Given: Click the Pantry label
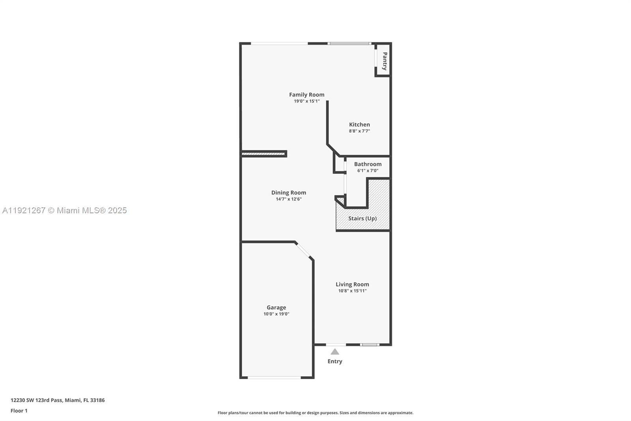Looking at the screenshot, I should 385,61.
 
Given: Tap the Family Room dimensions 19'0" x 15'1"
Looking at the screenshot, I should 306,101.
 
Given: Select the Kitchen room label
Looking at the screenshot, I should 359,124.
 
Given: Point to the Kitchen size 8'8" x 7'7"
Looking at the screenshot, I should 359,131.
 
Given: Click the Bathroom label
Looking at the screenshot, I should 368,164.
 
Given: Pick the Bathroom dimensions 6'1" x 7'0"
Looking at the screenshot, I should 368,171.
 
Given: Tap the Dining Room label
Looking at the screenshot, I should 288,192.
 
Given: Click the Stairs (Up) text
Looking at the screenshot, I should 362,218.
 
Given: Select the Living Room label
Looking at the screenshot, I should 352,284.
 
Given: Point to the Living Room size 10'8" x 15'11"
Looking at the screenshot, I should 352,291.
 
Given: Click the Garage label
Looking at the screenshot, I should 276,307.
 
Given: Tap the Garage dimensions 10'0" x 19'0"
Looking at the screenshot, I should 276,314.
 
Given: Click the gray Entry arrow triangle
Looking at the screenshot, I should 335,351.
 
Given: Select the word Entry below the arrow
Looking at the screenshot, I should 335,361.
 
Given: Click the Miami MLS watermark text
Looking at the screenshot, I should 64,210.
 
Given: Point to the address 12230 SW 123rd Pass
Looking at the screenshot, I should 57,400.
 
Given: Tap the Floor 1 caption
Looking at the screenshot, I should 19,411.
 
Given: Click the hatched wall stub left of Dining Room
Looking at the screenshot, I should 263,154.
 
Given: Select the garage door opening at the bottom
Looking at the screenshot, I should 274,378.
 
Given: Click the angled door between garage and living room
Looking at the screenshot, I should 303,250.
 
